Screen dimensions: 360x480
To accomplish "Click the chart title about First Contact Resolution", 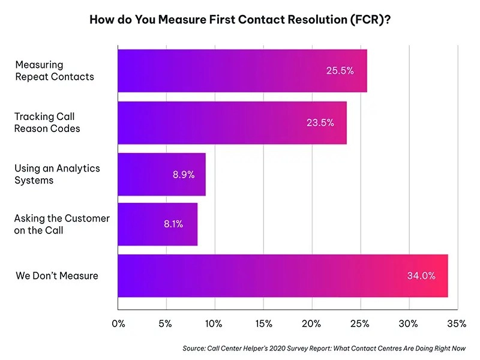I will pos(240,19).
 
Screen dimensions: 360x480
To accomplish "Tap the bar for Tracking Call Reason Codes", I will pos(232,123).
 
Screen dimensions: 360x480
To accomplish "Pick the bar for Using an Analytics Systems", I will pos(161,175).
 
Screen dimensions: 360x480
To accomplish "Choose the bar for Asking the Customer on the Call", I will pos(157,224).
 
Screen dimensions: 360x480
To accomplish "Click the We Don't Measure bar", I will pos(282,276).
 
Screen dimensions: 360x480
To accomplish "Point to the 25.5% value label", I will pos(340,71).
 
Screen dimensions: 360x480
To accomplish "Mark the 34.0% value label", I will pos(420,276).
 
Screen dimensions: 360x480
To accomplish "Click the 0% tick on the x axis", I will pos(118,324).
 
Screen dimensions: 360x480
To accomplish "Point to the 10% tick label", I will pos(214,324).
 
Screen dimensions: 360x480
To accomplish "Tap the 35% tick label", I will pos(457,324).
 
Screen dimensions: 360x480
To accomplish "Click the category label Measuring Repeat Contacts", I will pos(54,71).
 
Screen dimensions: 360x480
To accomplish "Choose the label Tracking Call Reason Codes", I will pos(47,122).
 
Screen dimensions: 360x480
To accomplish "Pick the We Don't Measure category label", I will pos(56,276).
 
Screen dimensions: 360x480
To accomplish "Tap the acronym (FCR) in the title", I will pos(369,19).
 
